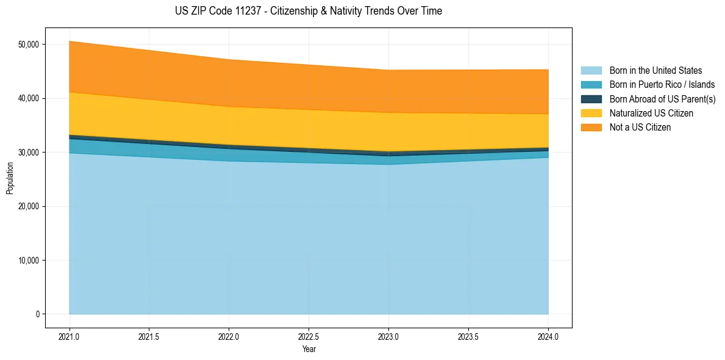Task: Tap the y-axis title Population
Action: (x=10, y=178)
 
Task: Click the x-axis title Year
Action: (x=309, y=349)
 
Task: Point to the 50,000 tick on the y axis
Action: (x=29, y=45)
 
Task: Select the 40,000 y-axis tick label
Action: (x=29, y=98)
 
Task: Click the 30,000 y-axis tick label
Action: (x=29, y=152)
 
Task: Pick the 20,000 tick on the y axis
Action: (x=29, y=206)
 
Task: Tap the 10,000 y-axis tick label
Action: (x=29, y=261)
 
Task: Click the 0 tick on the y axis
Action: (x=37, y=314)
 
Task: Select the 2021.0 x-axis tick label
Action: (x=70, y=336)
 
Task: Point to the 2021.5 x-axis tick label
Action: (x=149, y=336)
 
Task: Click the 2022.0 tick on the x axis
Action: (x=229, y=336)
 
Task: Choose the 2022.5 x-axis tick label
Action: (x=309, y=336)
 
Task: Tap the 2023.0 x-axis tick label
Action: (x=388, y=336)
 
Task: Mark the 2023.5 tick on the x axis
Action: (x=468, y=336)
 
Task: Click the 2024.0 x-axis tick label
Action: (x=548, y=336)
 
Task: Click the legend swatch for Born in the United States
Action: (x=591, y=71)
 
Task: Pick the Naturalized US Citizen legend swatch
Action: (x=591, y=113)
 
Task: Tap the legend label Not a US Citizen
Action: (x=640, y=128)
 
